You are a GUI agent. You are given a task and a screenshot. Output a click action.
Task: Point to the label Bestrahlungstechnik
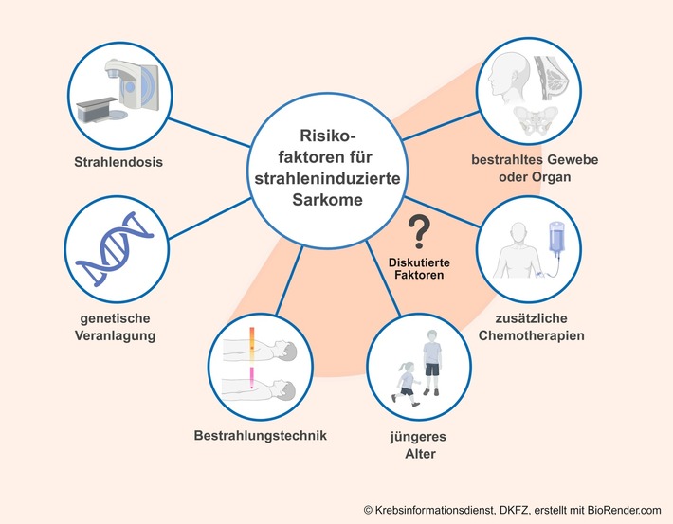(x=261, y=436)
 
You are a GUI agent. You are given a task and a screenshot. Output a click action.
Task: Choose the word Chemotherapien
(x=558, y=334)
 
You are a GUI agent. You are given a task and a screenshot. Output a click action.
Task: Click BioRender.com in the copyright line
(x=617, y=510)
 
